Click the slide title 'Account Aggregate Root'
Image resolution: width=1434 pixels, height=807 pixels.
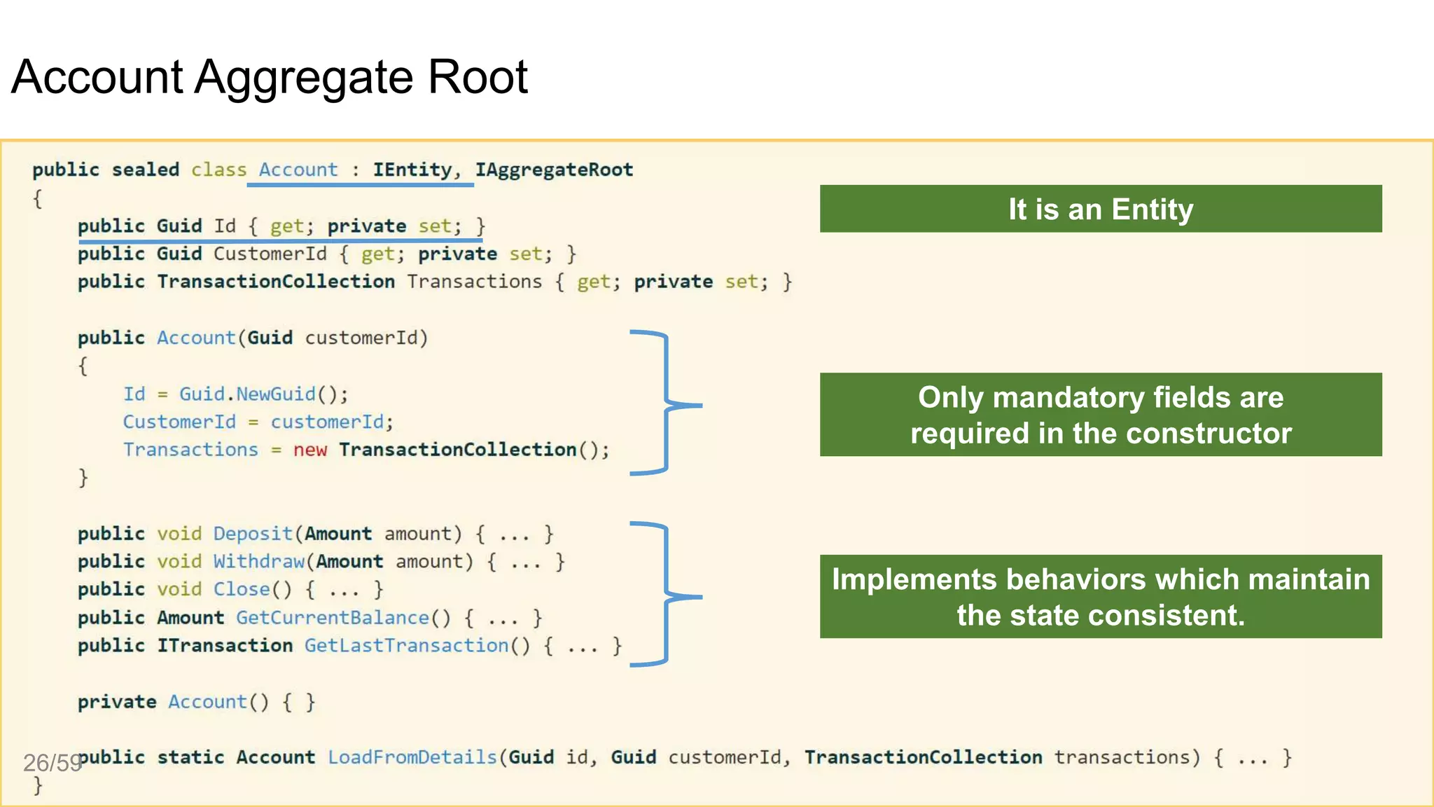[270, 76]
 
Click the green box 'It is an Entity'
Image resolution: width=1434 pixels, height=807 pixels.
[1100, 209]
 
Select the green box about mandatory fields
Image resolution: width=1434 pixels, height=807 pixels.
[1100, 415]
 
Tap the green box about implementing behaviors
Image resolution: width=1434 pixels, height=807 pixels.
[1100, 597]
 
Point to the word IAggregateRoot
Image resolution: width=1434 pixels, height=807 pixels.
[554, 170]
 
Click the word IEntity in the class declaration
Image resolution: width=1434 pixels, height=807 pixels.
[412, 170]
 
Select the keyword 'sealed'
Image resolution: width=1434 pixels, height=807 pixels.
[146, 170]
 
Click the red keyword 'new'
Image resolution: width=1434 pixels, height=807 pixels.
[309, 450]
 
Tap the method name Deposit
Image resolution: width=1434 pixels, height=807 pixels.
[253, 534]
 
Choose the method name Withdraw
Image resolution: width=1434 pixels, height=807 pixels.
[259, 562]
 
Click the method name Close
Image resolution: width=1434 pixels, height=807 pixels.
[242, 590]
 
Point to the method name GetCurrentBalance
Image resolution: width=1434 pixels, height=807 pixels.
[332, 618]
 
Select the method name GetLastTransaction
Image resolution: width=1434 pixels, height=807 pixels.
[407, 646]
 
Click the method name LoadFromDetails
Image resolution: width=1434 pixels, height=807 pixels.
[412, 757]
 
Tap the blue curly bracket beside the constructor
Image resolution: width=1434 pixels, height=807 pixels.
[667, 403]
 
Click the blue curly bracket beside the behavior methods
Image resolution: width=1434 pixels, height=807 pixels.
[667, 595]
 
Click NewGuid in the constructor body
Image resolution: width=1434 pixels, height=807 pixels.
[276, 394]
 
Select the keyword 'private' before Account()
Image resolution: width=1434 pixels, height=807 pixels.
[117, 702]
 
